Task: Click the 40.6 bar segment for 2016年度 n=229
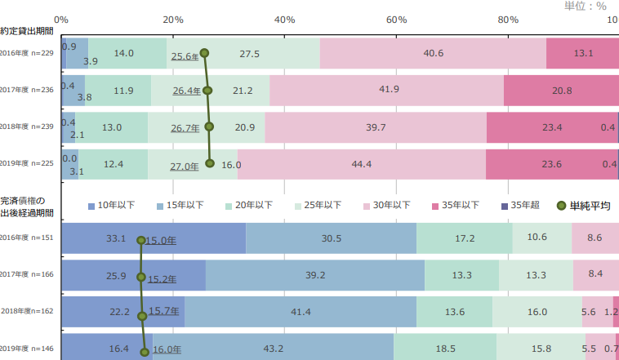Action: click(x=434, y=54)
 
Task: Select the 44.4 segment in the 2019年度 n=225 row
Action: click(x=361, y=164)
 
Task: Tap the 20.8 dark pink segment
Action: click(x=561, y=91)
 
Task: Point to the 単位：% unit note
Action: click(x=585, y=5)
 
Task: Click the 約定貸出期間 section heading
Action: click(x=27, y=32)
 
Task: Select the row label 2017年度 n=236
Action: click(x=27, y=91)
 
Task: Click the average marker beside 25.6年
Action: click(x=205, y=54)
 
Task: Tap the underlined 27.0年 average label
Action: click(x=185, y=166)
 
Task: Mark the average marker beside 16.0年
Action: click(x=145, y=352)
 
